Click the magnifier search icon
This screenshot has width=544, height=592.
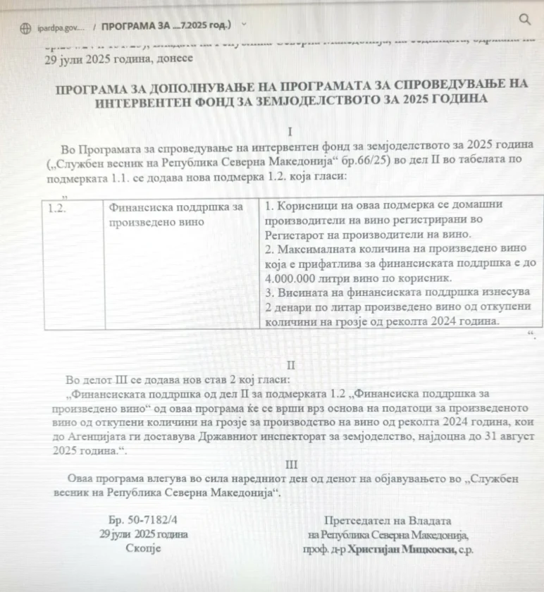pos(524,20)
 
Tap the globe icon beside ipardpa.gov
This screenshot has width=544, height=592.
pos(27,27)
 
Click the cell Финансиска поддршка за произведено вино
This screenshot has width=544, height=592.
pos(176,214)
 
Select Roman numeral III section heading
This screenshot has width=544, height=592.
pos(291,465)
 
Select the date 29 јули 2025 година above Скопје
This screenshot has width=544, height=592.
pos(144,534)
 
